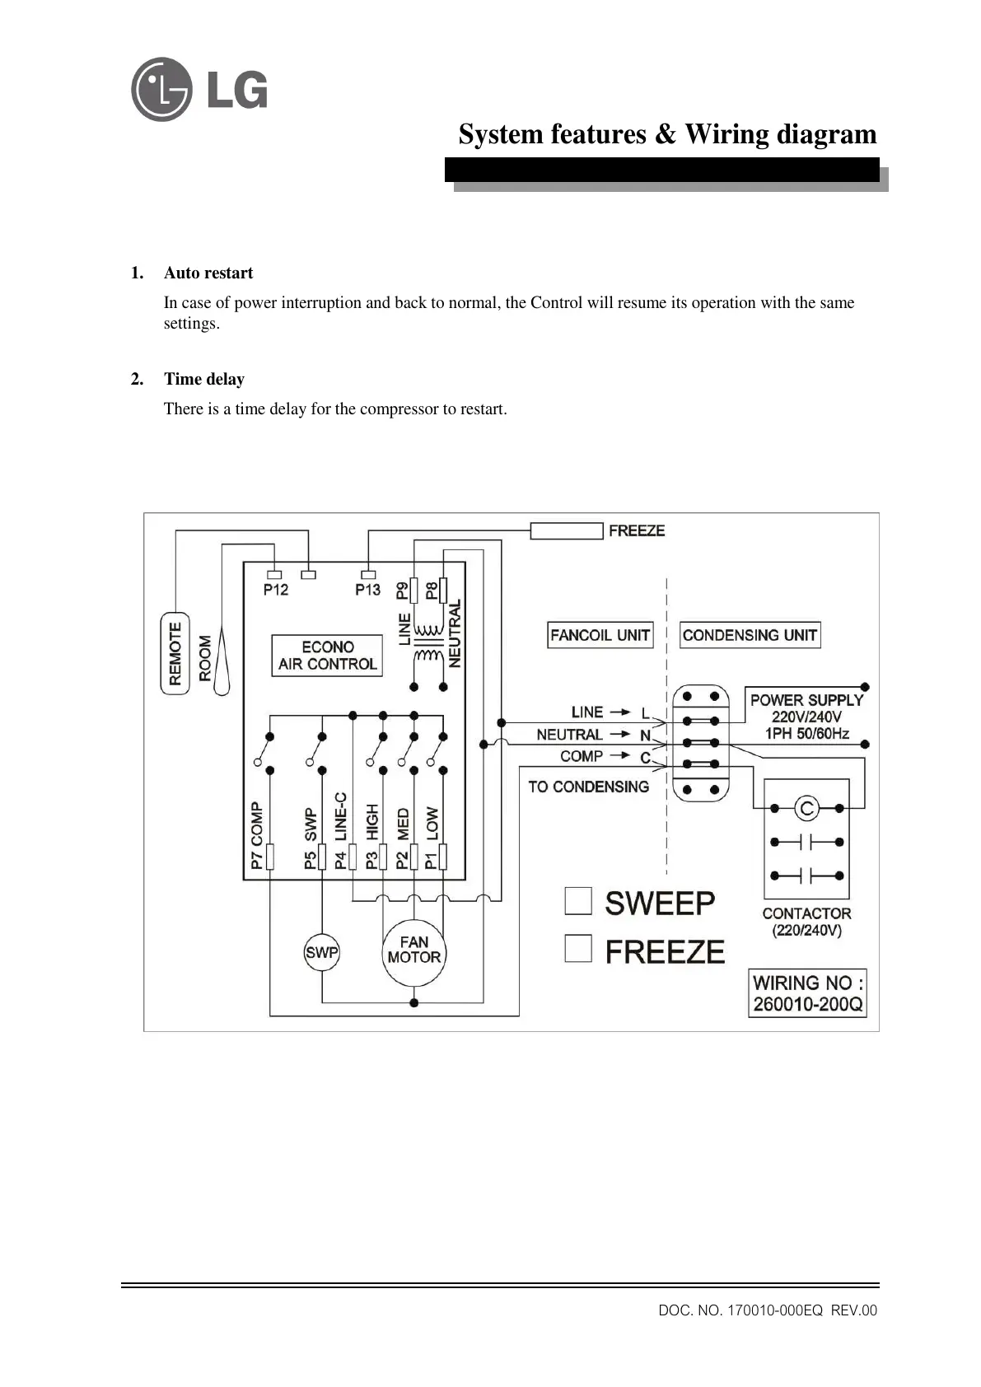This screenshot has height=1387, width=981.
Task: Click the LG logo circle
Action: (161, 90)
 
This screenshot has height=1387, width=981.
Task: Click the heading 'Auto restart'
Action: (208, 273)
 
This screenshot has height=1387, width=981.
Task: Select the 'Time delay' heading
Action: (204, 380)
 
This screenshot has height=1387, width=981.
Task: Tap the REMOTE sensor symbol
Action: (175, 654)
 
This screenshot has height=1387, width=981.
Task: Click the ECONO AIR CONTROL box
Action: (327, 656)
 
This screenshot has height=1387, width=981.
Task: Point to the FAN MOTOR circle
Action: (413, 951)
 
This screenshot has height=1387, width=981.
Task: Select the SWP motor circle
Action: (321, 953)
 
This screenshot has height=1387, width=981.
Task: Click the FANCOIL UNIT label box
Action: (600, 635)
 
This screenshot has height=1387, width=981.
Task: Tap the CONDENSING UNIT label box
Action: (750, 635)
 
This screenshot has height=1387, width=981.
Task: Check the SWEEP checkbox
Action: (578, 901)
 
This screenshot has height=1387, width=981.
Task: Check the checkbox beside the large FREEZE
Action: (578, 949)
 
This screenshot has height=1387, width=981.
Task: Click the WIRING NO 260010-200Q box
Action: (807, 993)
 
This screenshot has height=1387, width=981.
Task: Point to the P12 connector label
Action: (276, 590)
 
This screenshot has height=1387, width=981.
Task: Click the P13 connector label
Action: (368, 590)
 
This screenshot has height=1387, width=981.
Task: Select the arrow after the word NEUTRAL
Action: (619, 734)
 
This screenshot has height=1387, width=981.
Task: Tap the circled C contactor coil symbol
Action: (806, 809)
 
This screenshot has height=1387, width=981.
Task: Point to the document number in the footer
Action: (768, 1310)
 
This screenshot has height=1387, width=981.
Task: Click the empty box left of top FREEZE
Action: (566, 531)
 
